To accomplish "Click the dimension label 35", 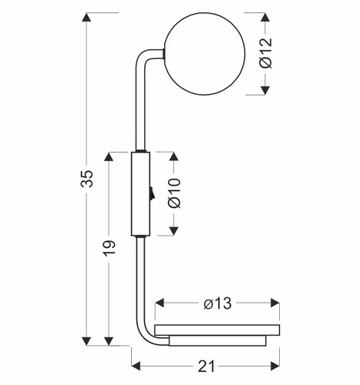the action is [87, 179].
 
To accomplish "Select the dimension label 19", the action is [109, 248].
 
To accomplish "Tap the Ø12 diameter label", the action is [265, 53].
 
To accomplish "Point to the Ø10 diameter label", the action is [174, 192].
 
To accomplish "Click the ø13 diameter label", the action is [217, 303].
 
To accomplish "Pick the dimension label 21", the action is [206, 366].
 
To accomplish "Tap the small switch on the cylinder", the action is [152, 193].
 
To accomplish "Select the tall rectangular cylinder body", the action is [140, 194].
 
